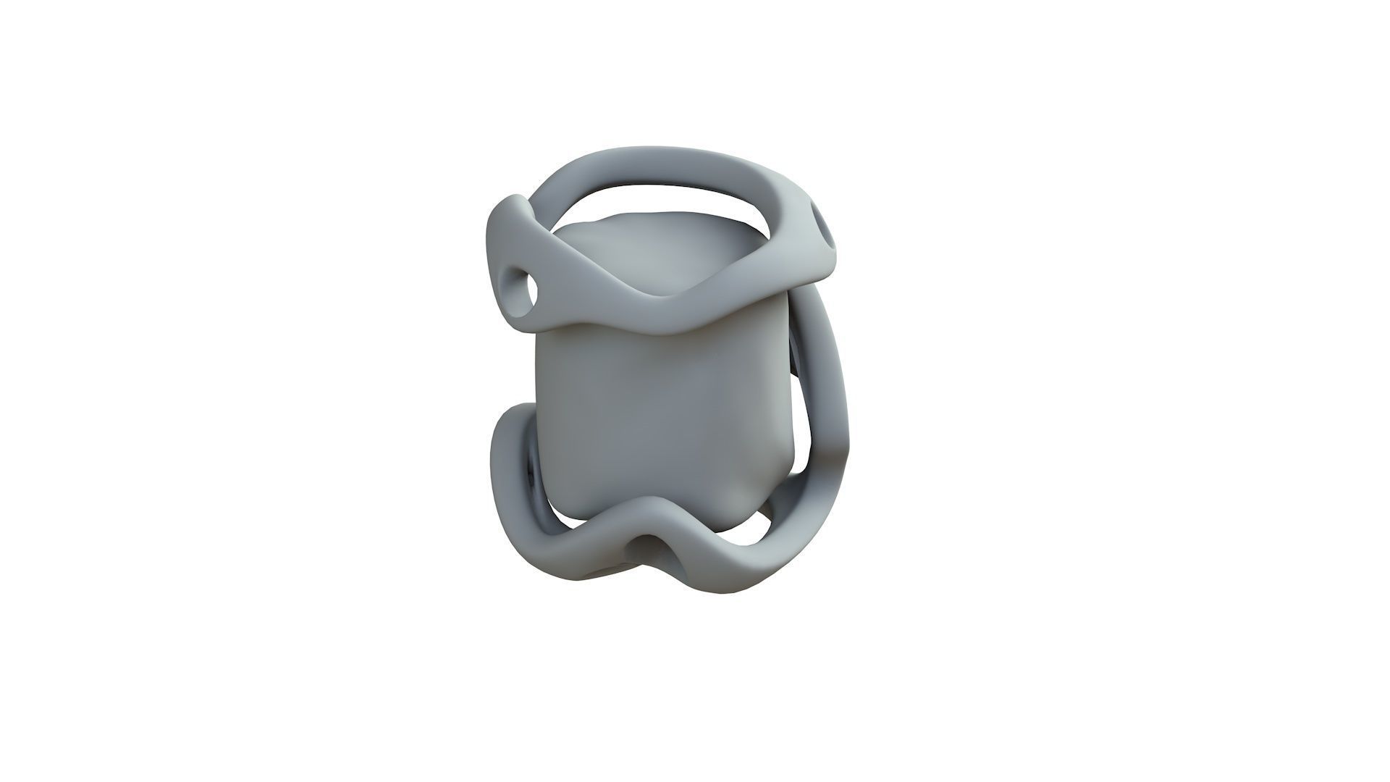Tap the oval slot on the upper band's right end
coord(822,226)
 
